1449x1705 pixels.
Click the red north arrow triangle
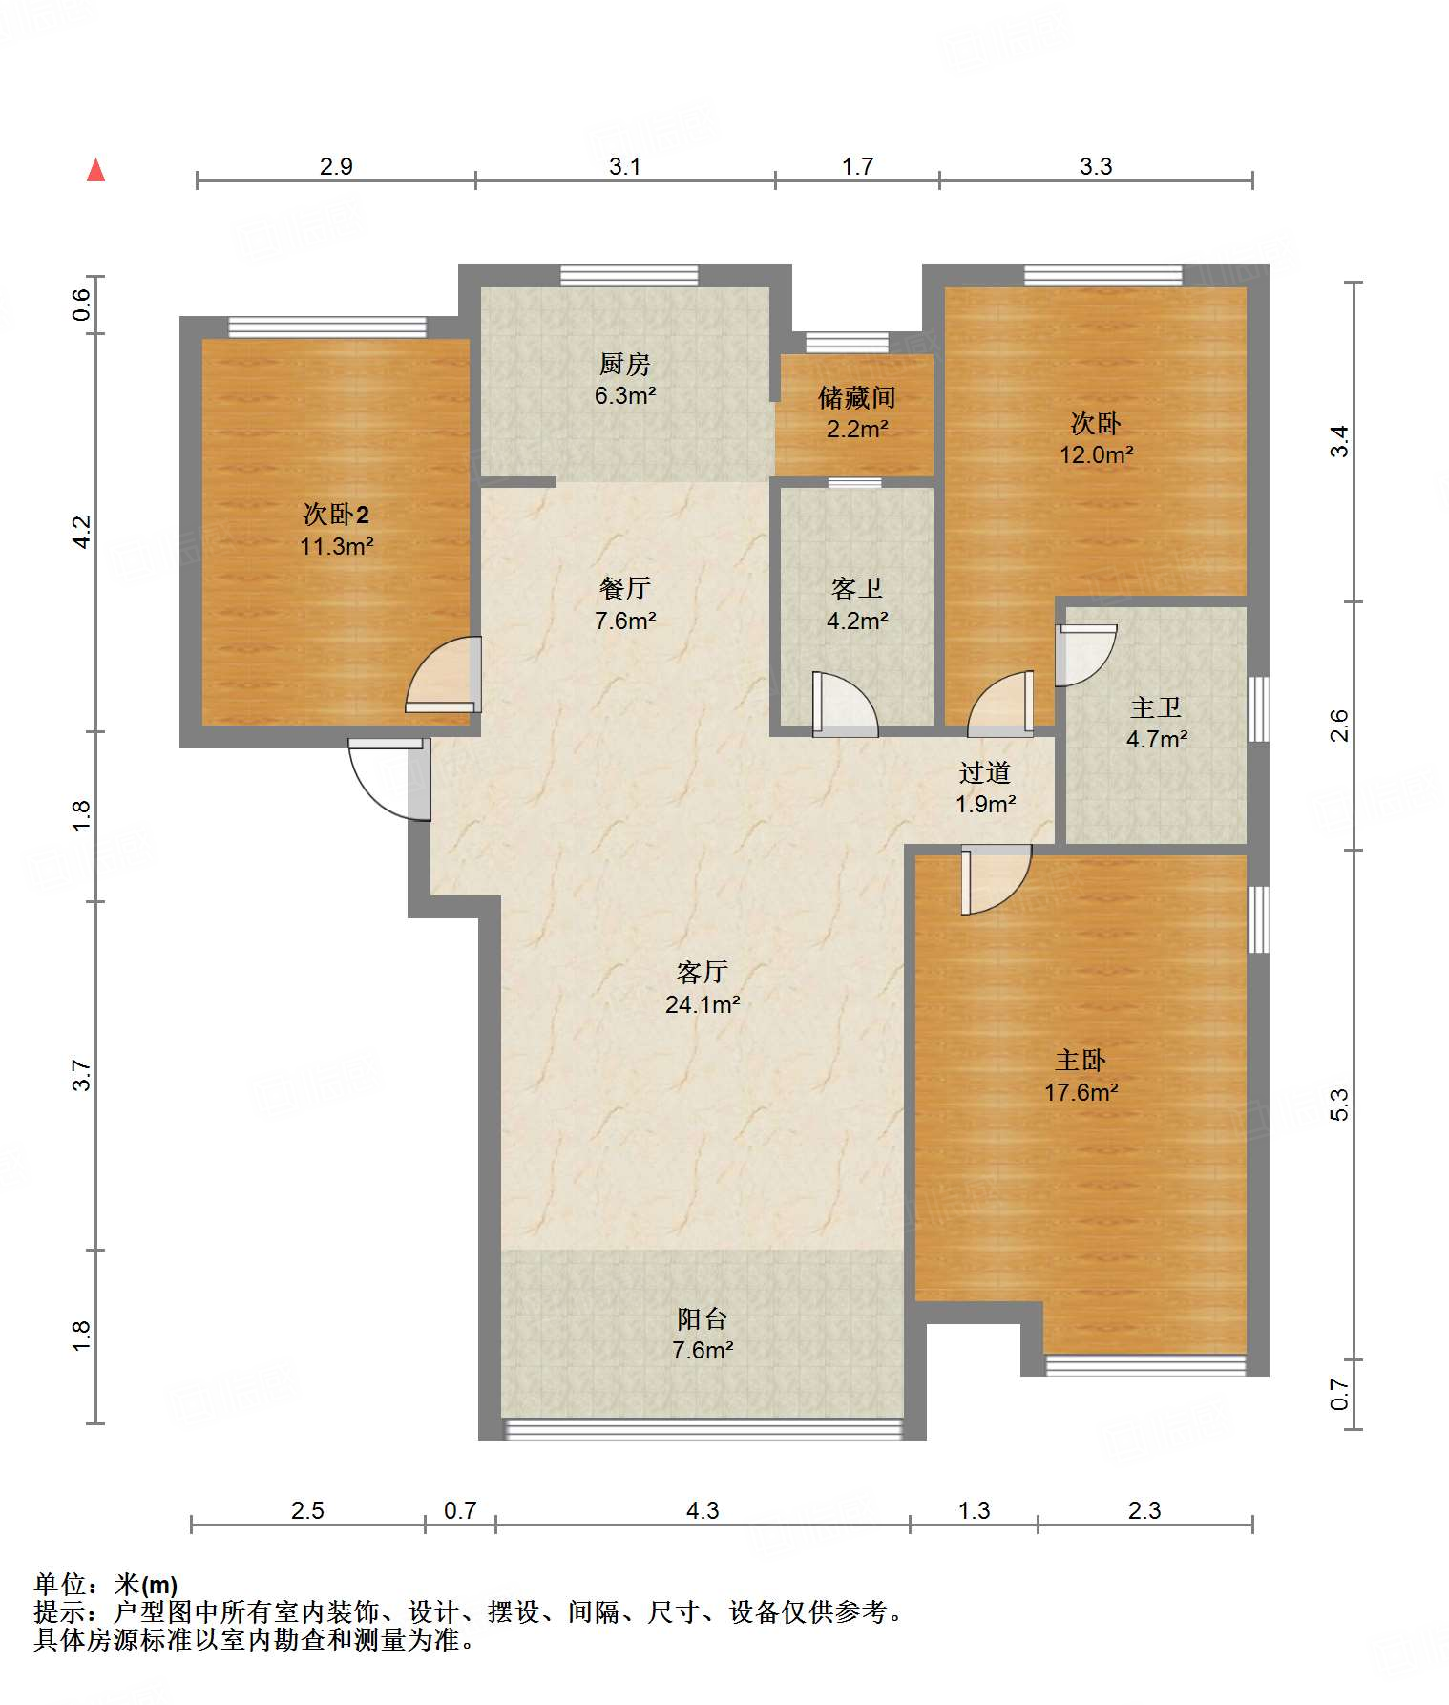95,170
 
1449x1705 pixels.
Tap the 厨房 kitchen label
625,364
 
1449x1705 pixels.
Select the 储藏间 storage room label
856,397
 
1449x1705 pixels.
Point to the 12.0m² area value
1096,454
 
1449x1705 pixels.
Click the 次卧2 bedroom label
336,515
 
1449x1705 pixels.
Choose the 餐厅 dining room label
625,588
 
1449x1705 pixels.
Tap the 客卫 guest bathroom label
856,589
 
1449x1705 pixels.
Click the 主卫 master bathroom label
1156,707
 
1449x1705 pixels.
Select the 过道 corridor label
985,772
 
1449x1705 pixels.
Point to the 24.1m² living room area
703,1004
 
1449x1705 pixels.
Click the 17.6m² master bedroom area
1081,1092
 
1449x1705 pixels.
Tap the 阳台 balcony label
703,1318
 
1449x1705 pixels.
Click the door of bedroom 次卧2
443,674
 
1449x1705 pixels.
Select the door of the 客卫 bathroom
845,705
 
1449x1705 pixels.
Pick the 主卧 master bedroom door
996,879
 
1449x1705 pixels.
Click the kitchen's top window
628,276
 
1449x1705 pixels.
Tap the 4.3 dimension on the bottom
703,1510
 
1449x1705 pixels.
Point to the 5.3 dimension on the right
1339,1105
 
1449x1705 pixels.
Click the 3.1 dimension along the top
624,166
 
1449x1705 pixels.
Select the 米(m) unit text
146,1585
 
